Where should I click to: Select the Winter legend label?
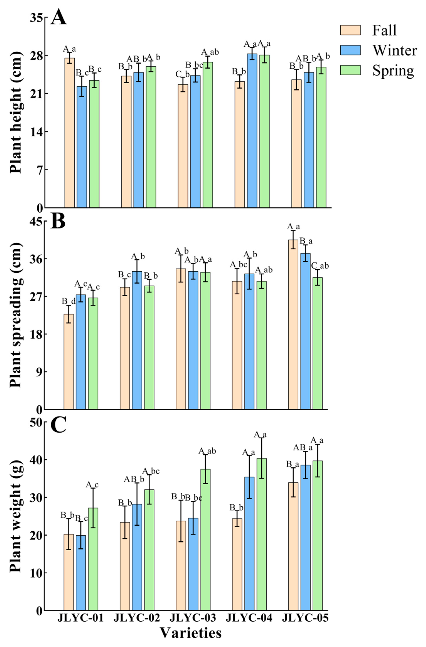[x=394, y=50]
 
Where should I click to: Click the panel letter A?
[x=58, y=17]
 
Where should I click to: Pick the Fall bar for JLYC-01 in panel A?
[x=70, y=133]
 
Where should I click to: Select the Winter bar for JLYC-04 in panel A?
[x=252, y=130]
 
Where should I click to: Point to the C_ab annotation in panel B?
[x=320, y=266]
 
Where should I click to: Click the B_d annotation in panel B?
[x=69, y=301]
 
